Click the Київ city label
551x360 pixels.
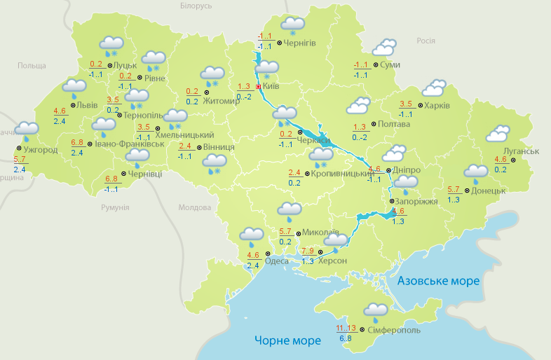[271, 87]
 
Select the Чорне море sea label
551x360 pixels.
[287, 340]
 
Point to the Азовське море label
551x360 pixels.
[438, 281]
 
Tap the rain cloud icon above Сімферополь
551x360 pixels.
[376, 311]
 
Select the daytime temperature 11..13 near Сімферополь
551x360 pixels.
[346, 328]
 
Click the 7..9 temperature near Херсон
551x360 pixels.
[308, 250]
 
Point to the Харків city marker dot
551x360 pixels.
[419, 106]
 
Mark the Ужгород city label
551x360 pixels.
[40, 150]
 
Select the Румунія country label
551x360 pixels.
[115, 208]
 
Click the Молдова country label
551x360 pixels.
[194, 208]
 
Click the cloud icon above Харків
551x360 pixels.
[433, 88]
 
